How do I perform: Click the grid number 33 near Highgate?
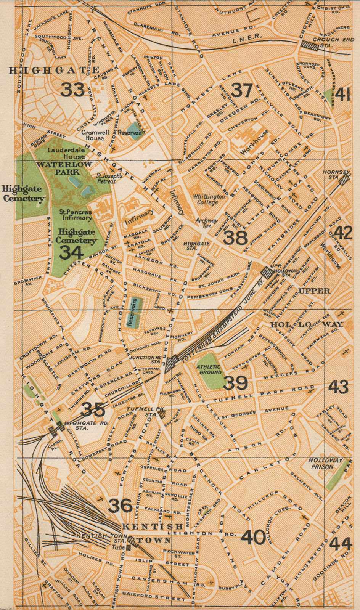tap(73, 90)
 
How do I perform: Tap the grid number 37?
tap(242, 90)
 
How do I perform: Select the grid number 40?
tap(253, 537)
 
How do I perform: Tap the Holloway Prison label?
tap(326, 463)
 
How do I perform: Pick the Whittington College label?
tap(209, 199)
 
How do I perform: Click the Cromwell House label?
tap(95, 135)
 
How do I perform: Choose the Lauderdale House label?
tap(66, 153)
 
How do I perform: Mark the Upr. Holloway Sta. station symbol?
tap(267, 273)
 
